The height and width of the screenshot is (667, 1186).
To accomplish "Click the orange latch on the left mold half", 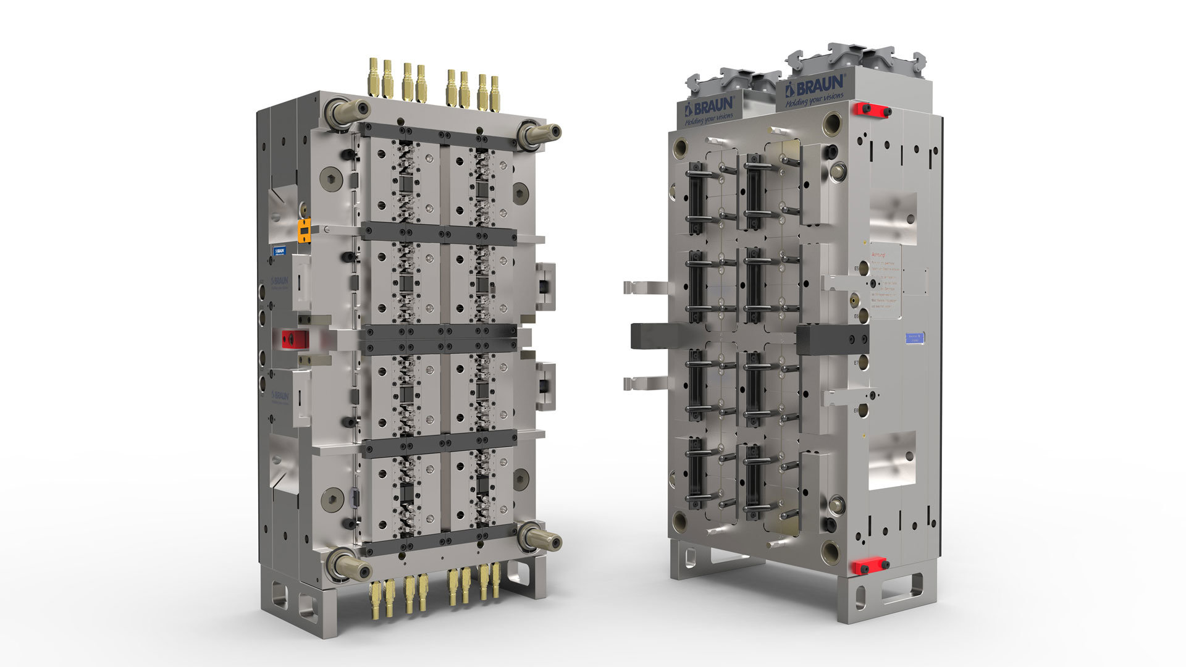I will click(x=305, y=230).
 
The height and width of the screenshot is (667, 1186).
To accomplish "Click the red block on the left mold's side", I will click(x=295, y=338).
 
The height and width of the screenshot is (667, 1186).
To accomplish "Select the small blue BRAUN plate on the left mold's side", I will click(x=280, y=251).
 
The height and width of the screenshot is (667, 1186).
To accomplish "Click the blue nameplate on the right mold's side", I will click(x=914, y=337).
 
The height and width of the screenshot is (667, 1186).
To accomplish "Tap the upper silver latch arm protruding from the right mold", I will click(x=645, y=288).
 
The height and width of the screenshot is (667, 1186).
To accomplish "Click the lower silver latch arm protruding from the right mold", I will click(x=645, y=383).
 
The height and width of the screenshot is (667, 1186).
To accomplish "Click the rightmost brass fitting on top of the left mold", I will click(x=495, y=94).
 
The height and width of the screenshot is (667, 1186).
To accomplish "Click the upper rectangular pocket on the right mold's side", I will click(x=893, y=218).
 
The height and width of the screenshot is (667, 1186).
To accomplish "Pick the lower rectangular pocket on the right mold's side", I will click(x=893, y=460).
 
